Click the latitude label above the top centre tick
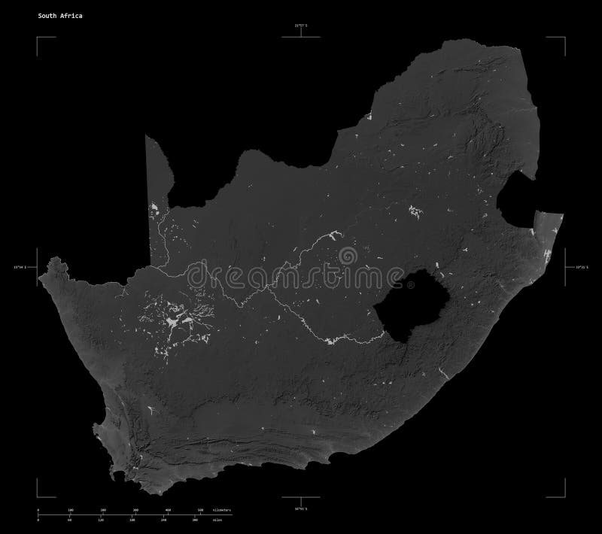point(302,27)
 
